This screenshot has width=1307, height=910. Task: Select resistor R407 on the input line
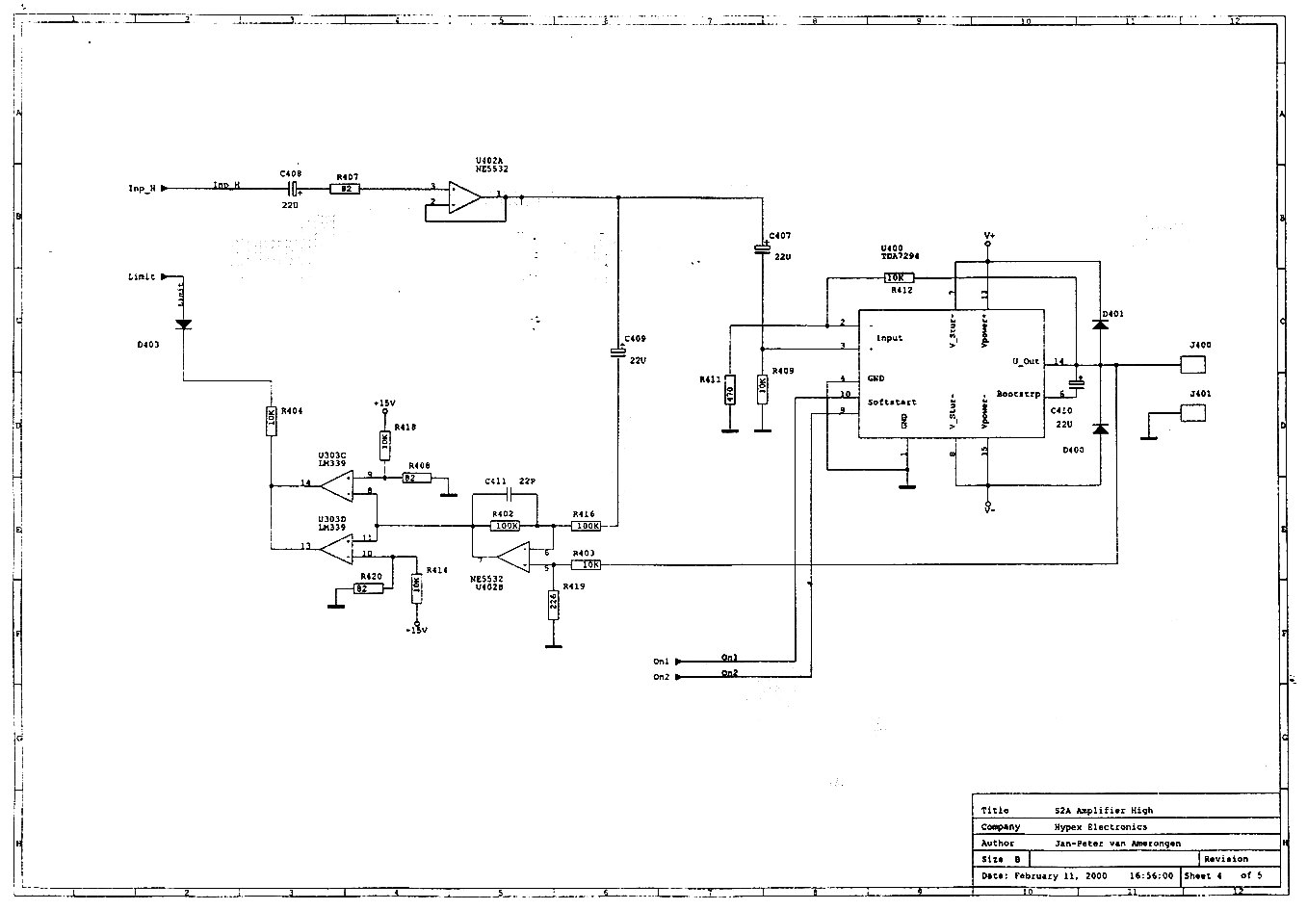(344, 189)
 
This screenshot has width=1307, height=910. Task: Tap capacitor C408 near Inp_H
(292, 189)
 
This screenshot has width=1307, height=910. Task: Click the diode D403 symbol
(183, 325)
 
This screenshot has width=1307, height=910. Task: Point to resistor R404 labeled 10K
(272, 421)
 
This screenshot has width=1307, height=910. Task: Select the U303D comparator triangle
(337, 549)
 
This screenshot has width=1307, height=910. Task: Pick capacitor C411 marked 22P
(505, 495)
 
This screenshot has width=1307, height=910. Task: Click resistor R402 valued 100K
(505, 526)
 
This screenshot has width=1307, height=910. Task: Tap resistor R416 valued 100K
(587, 526)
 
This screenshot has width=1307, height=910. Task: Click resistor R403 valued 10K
(587, 564)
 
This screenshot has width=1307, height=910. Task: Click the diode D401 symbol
(1100, 325)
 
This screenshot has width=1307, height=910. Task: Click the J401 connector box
(1193, 412)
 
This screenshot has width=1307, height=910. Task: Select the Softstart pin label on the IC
(892, 403)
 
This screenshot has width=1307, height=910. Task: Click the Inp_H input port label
(142, 189)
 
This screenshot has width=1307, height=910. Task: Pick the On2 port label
(662, 677)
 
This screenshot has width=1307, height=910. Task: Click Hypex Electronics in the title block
(1100, 826)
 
